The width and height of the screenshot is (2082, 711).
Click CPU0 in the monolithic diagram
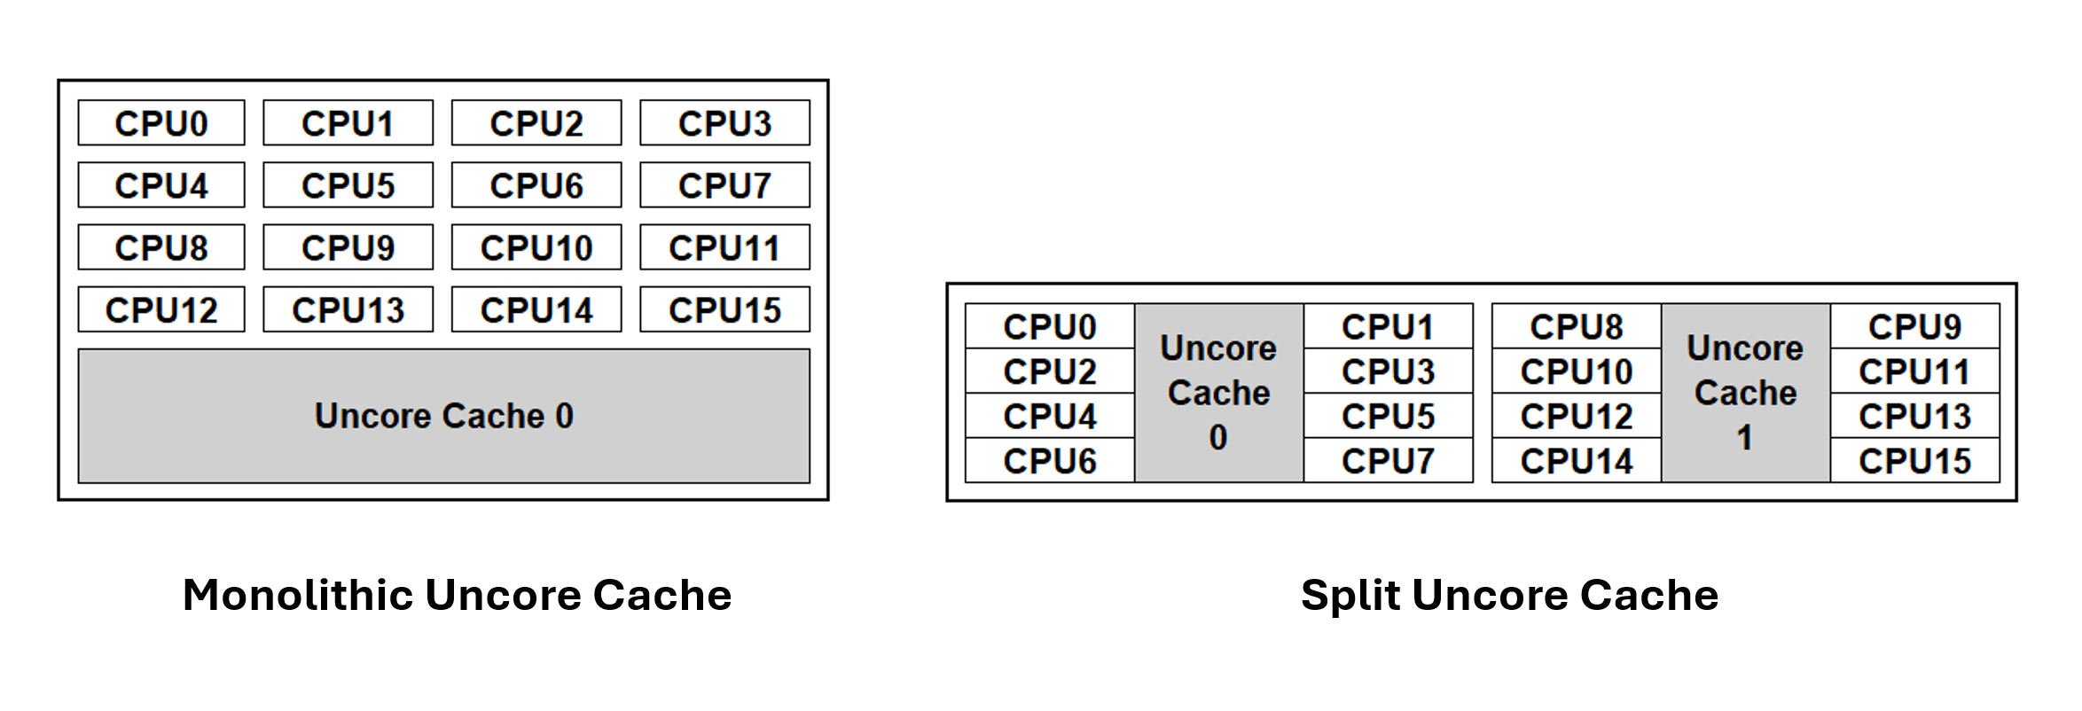tap(161, 123)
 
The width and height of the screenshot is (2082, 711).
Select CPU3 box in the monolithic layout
tap(724, 123)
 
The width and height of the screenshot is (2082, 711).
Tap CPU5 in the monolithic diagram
tap(348, 185)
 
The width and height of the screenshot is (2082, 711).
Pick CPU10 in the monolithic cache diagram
tap(536, 247)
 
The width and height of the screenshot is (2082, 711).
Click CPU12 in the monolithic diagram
tap(161, 309)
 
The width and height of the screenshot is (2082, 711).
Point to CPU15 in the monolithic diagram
tap(724, 309)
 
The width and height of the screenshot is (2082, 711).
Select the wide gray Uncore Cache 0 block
tap(443, 416)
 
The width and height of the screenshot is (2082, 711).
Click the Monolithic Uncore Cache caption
tap(457, 595)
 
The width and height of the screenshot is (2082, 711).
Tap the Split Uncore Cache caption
tap(1509, 595)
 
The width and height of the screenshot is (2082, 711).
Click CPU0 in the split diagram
tap(1050, 327)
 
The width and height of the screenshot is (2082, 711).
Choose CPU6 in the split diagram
tap(1050, 460)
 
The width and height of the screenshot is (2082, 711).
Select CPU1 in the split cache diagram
tap(1388, 327)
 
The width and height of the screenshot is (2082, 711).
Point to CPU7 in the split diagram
tap(1388, 460)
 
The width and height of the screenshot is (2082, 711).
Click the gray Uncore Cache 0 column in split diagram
tap(1218, 393)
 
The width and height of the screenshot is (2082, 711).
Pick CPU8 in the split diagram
tap(1576, 327)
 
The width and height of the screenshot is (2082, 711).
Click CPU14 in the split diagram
tap(1576, 460)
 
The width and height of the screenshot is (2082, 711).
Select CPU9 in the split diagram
tap(1914, 327)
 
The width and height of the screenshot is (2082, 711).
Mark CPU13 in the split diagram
tap(1914, 416)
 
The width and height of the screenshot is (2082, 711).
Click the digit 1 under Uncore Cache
tap(1744, 438)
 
